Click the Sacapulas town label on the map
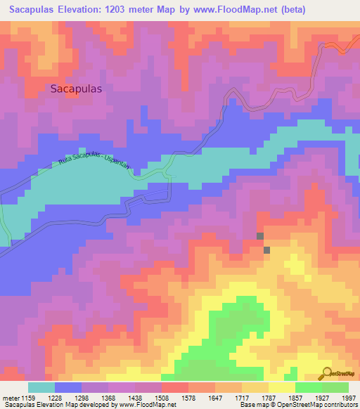(x=77, y=89)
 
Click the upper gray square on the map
(x=260, y=237)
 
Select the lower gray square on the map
(x=266, y=249)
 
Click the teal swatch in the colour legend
(x=41, y=387)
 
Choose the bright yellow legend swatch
(x=281, y=387)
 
